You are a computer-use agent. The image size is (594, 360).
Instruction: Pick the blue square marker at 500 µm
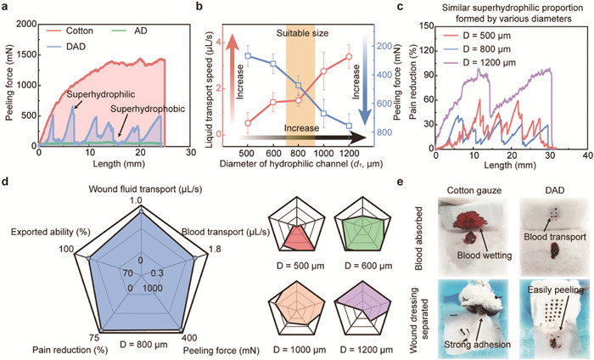click(247, 55)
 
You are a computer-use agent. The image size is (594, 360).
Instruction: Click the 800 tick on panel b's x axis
click(298, 151)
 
